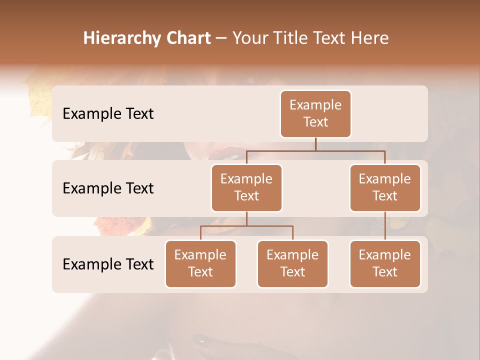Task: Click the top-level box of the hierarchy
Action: pos(315,113)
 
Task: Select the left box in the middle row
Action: pos(246,187)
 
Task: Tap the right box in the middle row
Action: pos(385,187)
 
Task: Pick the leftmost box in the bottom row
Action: pos(200,263)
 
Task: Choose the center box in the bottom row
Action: pos(292,263)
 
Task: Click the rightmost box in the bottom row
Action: pos(385,263)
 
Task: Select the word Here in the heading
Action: pos(369,38)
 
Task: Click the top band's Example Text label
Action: pos(108,114)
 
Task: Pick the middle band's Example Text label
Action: pos(108,188)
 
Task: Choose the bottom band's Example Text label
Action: pos(108,264)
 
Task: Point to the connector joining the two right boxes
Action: pos(385,225)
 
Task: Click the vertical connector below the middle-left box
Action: pos(246,218)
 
